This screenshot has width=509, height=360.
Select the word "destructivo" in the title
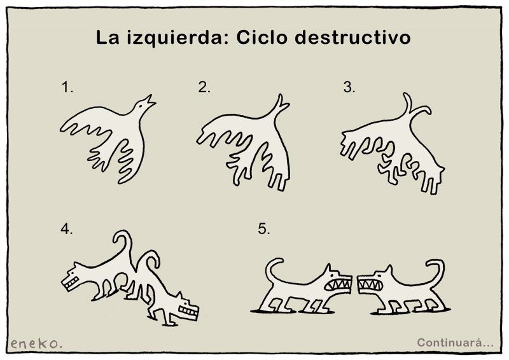point(352,38)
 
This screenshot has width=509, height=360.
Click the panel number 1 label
point(67,88)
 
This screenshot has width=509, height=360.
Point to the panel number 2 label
point(204,87)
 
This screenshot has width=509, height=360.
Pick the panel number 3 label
point(349,87)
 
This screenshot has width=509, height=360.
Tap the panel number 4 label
point(67,229)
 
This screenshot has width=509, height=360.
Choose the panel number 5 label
point(264,229)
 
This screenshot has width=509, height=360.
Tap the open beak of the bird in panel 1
point(150,101)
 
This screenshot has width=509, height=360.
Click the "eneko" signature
point(36,343)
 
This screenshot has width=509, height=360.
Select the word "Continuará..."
point(455,342)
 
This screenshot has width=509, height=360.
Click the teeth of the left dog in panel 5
point(339,285)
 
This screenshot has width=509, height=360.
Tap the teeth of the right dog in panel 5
point(370,285)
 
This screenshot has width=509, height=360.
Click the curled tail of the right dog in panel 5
point(441,270)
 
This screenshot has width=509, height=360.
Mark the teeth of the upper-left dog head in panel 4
point(71,283)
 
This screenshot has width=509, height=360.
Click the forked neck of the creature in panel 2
point(278,107)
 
